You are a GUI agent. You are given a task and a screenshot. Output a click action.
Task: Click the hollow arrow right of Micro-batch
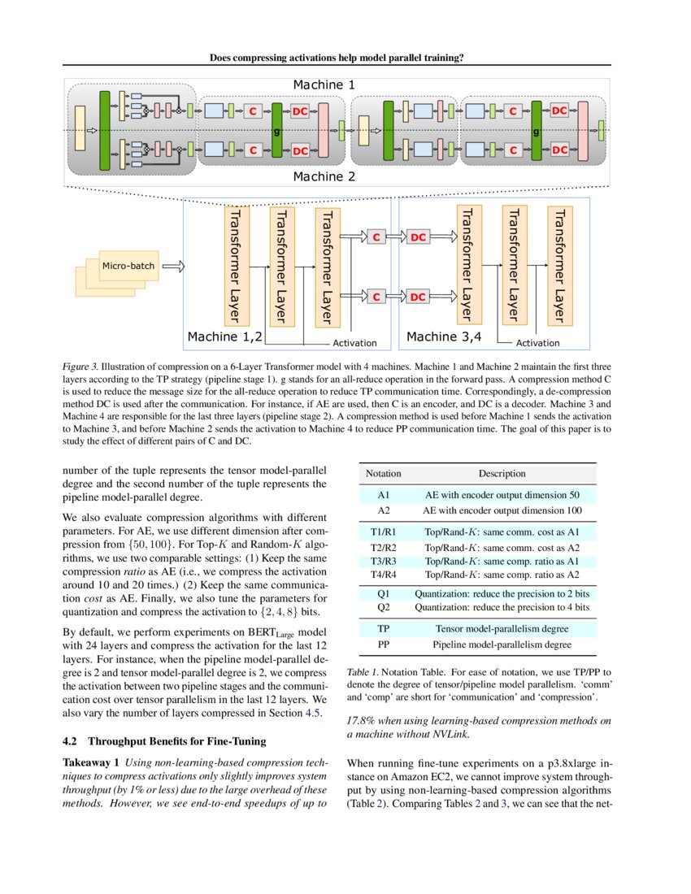[173, 266]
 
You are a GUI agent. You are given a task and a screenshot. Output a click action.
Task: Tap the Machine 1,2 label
[225, 336]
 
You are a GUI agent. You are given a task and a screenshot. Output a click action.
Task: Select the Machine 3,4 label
[444, 336]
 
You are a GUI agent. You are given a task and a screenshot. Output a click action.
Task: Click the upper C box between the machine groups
[376, 237]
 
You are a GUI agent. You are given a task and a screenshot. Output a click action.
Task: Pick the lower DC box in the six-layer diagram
[418, 297]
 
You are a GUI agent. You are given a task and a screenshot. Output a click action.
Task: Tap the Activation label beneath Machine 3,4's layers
[537, 343]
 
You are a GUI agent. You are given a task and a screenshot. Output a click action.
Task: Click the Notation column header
[383, 473]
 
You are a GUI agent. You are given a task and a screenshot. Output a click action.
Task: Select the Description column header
[502, 473]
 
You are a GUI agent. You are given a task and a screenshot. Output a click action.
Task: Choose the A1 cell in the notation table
[384, 494]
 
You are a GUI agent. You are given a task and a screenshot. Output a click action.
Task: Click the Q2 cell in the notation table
[384, 607]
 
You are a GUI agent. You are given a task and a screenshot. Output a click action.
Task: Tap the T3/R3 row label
[384, 562]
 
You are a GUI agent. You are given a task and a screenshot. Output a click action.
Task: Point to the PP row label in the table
[384, 644]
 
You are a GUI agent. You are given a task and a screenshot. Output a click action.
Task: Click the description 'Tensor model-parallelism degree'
[502, 628]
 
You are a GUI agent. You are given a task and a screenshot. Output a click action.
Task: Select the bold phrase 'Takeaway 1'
[92, 762]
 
